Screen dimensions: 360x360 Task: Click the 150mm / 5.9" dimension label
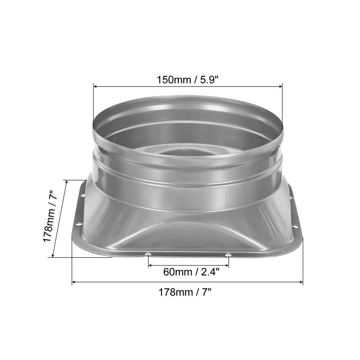click(x=187, y=79)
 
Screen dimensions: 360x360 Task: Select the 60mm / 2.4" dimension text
click(x=191, y=272)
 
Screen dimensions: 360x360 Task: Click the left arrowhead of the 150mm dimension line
click(x=96, y=86)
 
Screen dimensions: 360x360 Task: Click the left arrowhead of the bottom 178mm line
click(x=74, y=282)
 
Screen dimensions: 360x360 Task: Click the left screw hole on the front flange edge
click(x=148, y=254)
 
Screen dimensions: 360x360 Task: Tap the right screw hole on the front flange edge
click(x=228, y=255)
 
